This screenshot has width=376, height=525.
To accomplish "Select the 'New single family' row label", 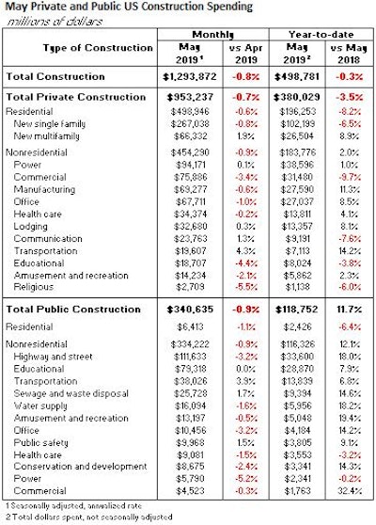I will pos(55,122).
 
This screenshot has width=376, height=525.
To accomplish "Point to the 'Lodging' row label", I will pos(34,226).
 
